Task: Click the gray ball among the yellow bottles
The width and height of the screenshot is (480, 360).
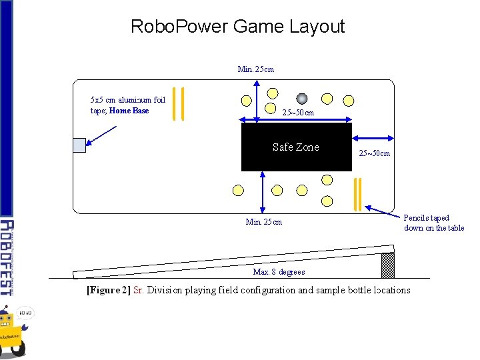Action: pyautogui.click(x=301, y=99)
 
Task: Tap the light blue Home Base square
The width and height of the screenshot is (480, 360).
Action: pyautogui.click(x=77, y=145)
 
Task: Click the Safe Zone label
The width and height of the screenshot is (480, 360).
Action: pyautogui.click(x=295, y=147)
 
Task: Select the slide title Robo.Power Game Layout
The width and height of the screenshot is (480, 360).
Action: pyautogui.click(x=238, y=27)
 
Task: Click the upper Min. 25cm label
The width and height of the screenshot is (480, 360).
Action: pyautogui.click(x=255, y=69)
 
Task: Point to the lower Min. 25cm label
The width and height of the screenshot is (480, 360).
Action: pyautogui.click(x=263, y=222)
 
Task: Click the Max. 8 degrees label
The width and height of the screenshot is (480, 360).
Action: pyautogui.click(x=279, y=272)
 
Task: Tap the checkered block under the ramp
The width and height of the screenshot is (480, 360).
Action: pyautogui.click(x=387, y=265)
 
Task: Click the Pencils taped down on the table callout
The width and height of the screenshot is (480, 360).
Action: pyautogui.click(x=433, y=223)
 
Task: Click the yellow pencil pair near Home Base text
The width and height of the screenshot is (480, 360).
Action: pyautogui.click(x=178, y=104)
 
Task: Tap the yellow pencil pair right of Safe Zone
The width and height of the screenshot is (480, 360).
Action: pyautogui.click(x=358, y=193)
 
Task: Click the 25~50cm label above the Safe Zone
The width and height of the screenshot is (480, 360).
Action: pyautogui.click(x=298, y=113)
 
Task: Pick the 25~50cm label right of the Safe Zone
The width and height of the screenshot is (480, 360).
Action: pyautogui.click(x=374, y=153)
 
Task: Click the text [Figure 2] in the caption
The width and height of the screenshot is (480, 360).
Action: pyautogui.click(x=108, y=290)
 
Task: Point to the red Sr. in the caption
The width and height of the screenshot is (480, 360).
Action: pyautogui.click(x=139, y=290)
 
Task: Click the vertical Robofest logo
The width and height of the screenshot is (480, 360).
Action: pyautogui.click(x=7, y=257)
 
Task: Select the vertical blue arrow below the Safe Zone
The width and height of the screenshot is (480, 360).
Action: pyautogui.click(x=264, y=191)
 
